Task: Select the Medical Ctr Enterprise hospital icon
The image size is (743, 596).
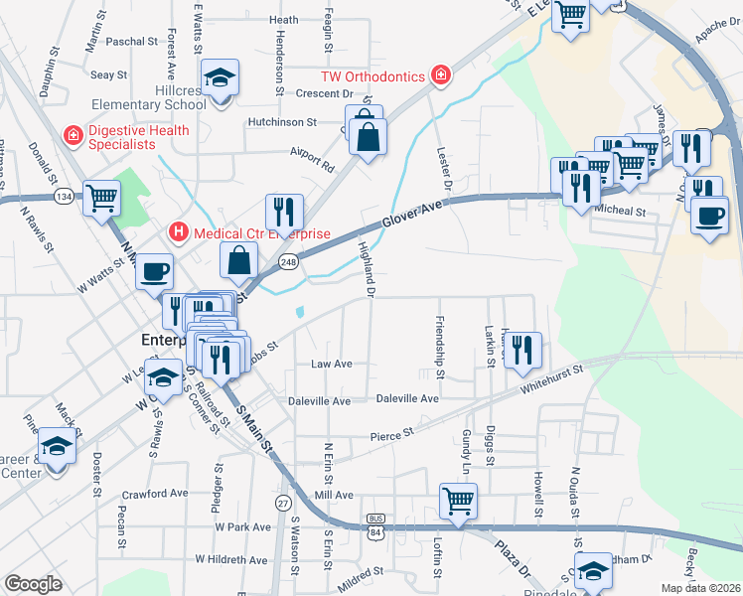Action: pyautogui.click(x=179, y=232)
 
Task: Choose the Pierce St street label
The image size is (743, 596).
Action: pyautogui.click(x=391, y=435)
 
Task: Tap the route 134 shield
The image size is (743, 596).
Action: pyautogui.click(x=64, y=197)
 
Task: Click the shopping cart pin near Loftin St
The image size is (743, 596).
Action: pyautogui.click(x=458, y=499)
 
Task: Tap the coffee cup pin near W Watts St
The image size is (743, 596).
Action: pyautogui.click(x=154, y=270)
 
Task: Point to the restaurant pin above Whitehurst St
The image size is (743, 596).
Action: pyautogui.click(x=522, y=349)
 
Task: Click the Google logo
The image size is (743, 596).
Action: pyautogui.click(x=33, y=584)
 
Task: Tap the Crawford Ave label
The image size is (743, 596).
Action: pyautogui.click(x=154, y=494)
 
